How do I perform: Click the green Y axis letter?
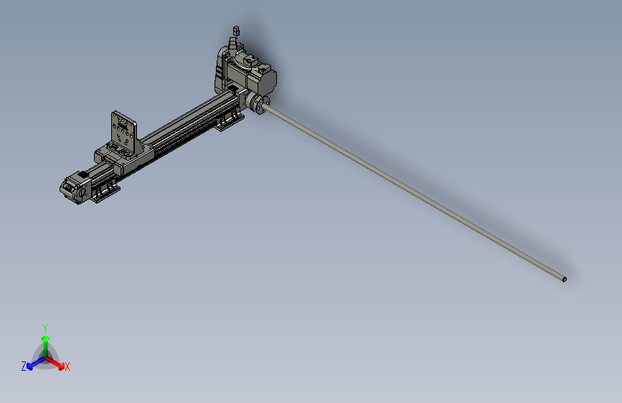[x=44, y=328]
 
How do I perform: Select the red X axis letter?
[x=67, y=366]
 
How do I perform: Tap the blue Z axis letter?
[x=24, y=366]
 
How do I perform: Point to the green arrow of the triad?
[x=44, y=341]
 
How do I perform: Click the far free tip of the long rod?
[x=564, y=279]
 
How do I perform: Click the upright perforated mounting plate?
[x=123, y=133]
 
